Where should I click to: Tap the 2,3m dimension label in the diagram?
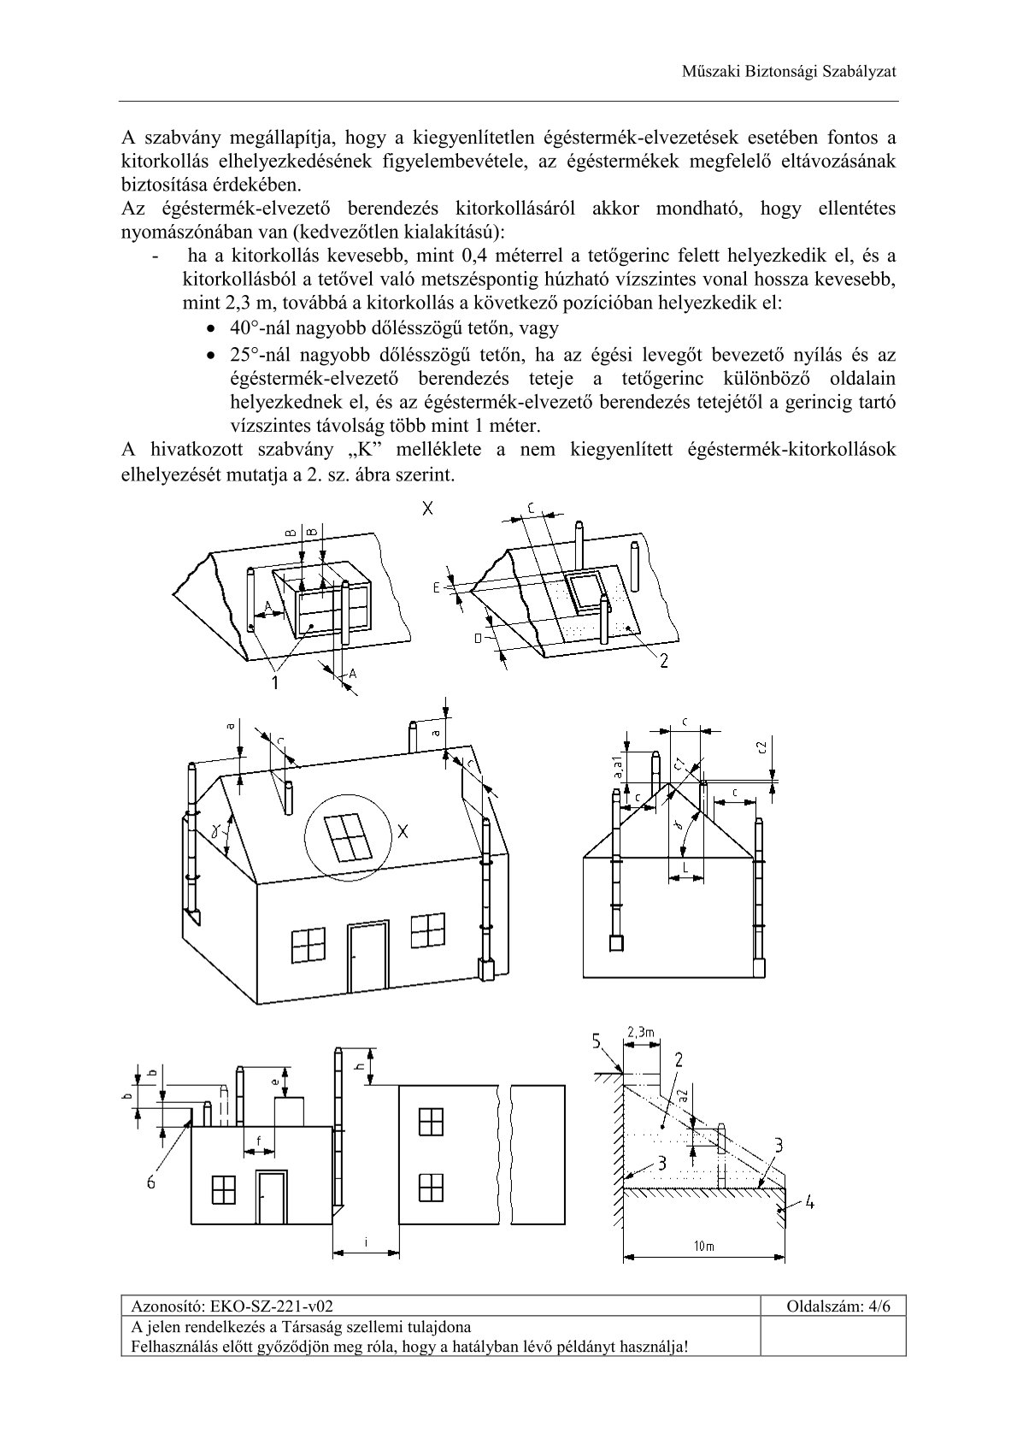tap(640, 1034)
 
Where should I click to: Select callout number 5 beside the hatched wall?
tap(597, 1041)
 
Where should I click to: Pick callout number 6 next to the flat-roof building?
tap(152, 1182)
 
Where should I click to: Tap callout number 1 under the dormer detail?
tap(275, 681)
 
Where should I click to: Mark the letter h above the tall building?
tap(361, 1065)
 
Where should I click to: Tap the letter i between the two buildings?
tap(365, 1242)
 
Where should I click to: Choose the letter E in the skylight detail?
tap(436, 587)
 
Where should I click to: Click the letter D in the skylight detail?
tap(478, 637)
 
